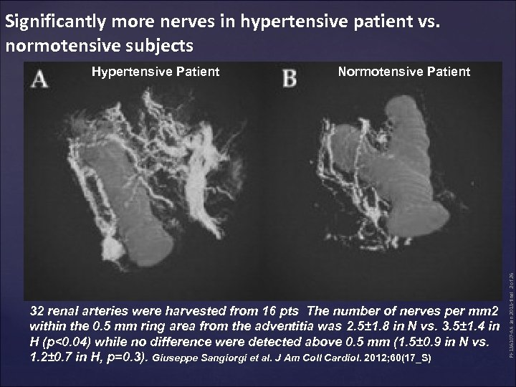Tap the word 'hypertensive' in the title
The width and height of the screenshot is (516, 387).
click(x=286, y=21)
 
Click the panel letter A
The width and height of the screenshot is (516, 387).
click(x=41, y=79)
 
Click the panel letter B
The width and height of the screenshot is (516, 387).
click(x=289, y=79)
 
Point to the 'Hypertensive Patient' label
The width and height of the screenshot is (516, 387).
click(x=155, y=71)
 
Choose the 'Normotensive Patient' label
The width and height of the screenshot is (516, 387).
click(x=403, y=71)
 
